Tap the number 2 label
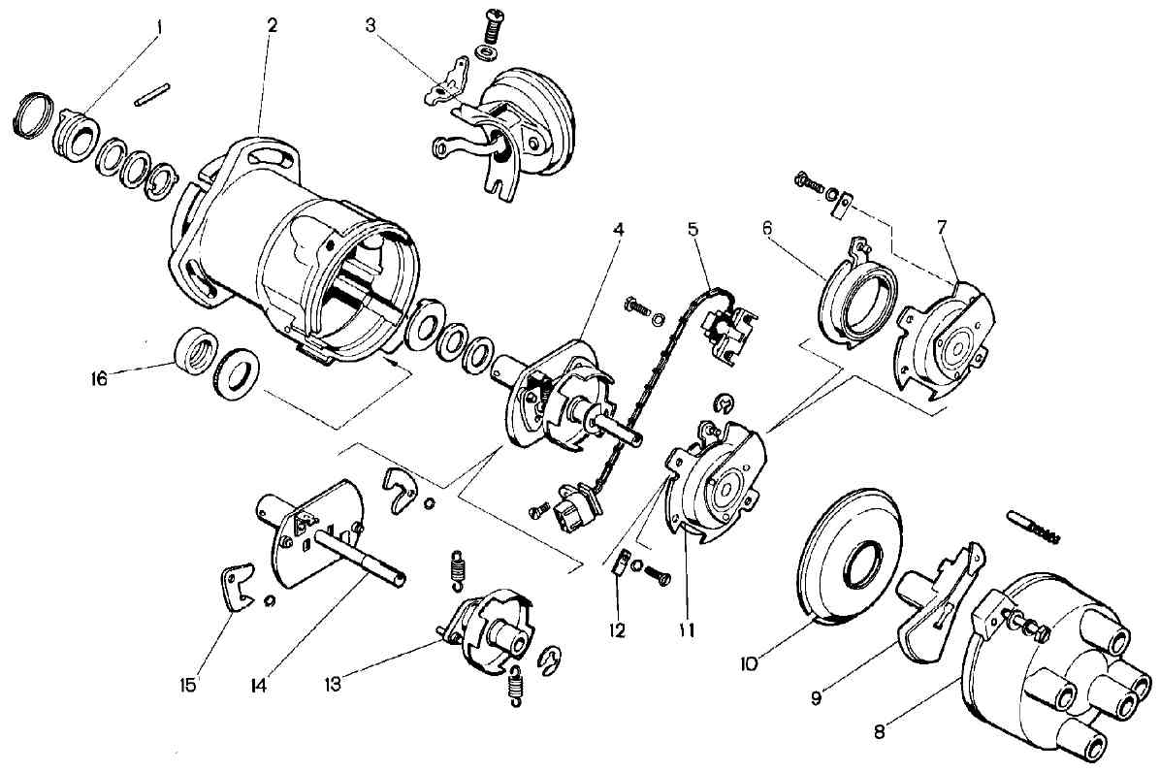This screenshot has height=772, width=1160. (273, 26)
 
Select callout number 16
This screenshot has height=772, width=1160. (98, 378)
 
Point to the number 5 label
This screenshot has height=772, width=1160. (693, 229)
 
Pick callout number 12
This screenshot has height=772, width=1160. (616, 630)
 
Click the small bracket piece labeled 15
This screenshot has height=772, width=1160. (239, 587)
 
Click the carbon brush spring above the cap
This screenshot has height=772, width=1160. (1034, 526)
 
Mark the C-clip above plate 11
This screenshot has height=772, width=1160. (725, 403)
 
